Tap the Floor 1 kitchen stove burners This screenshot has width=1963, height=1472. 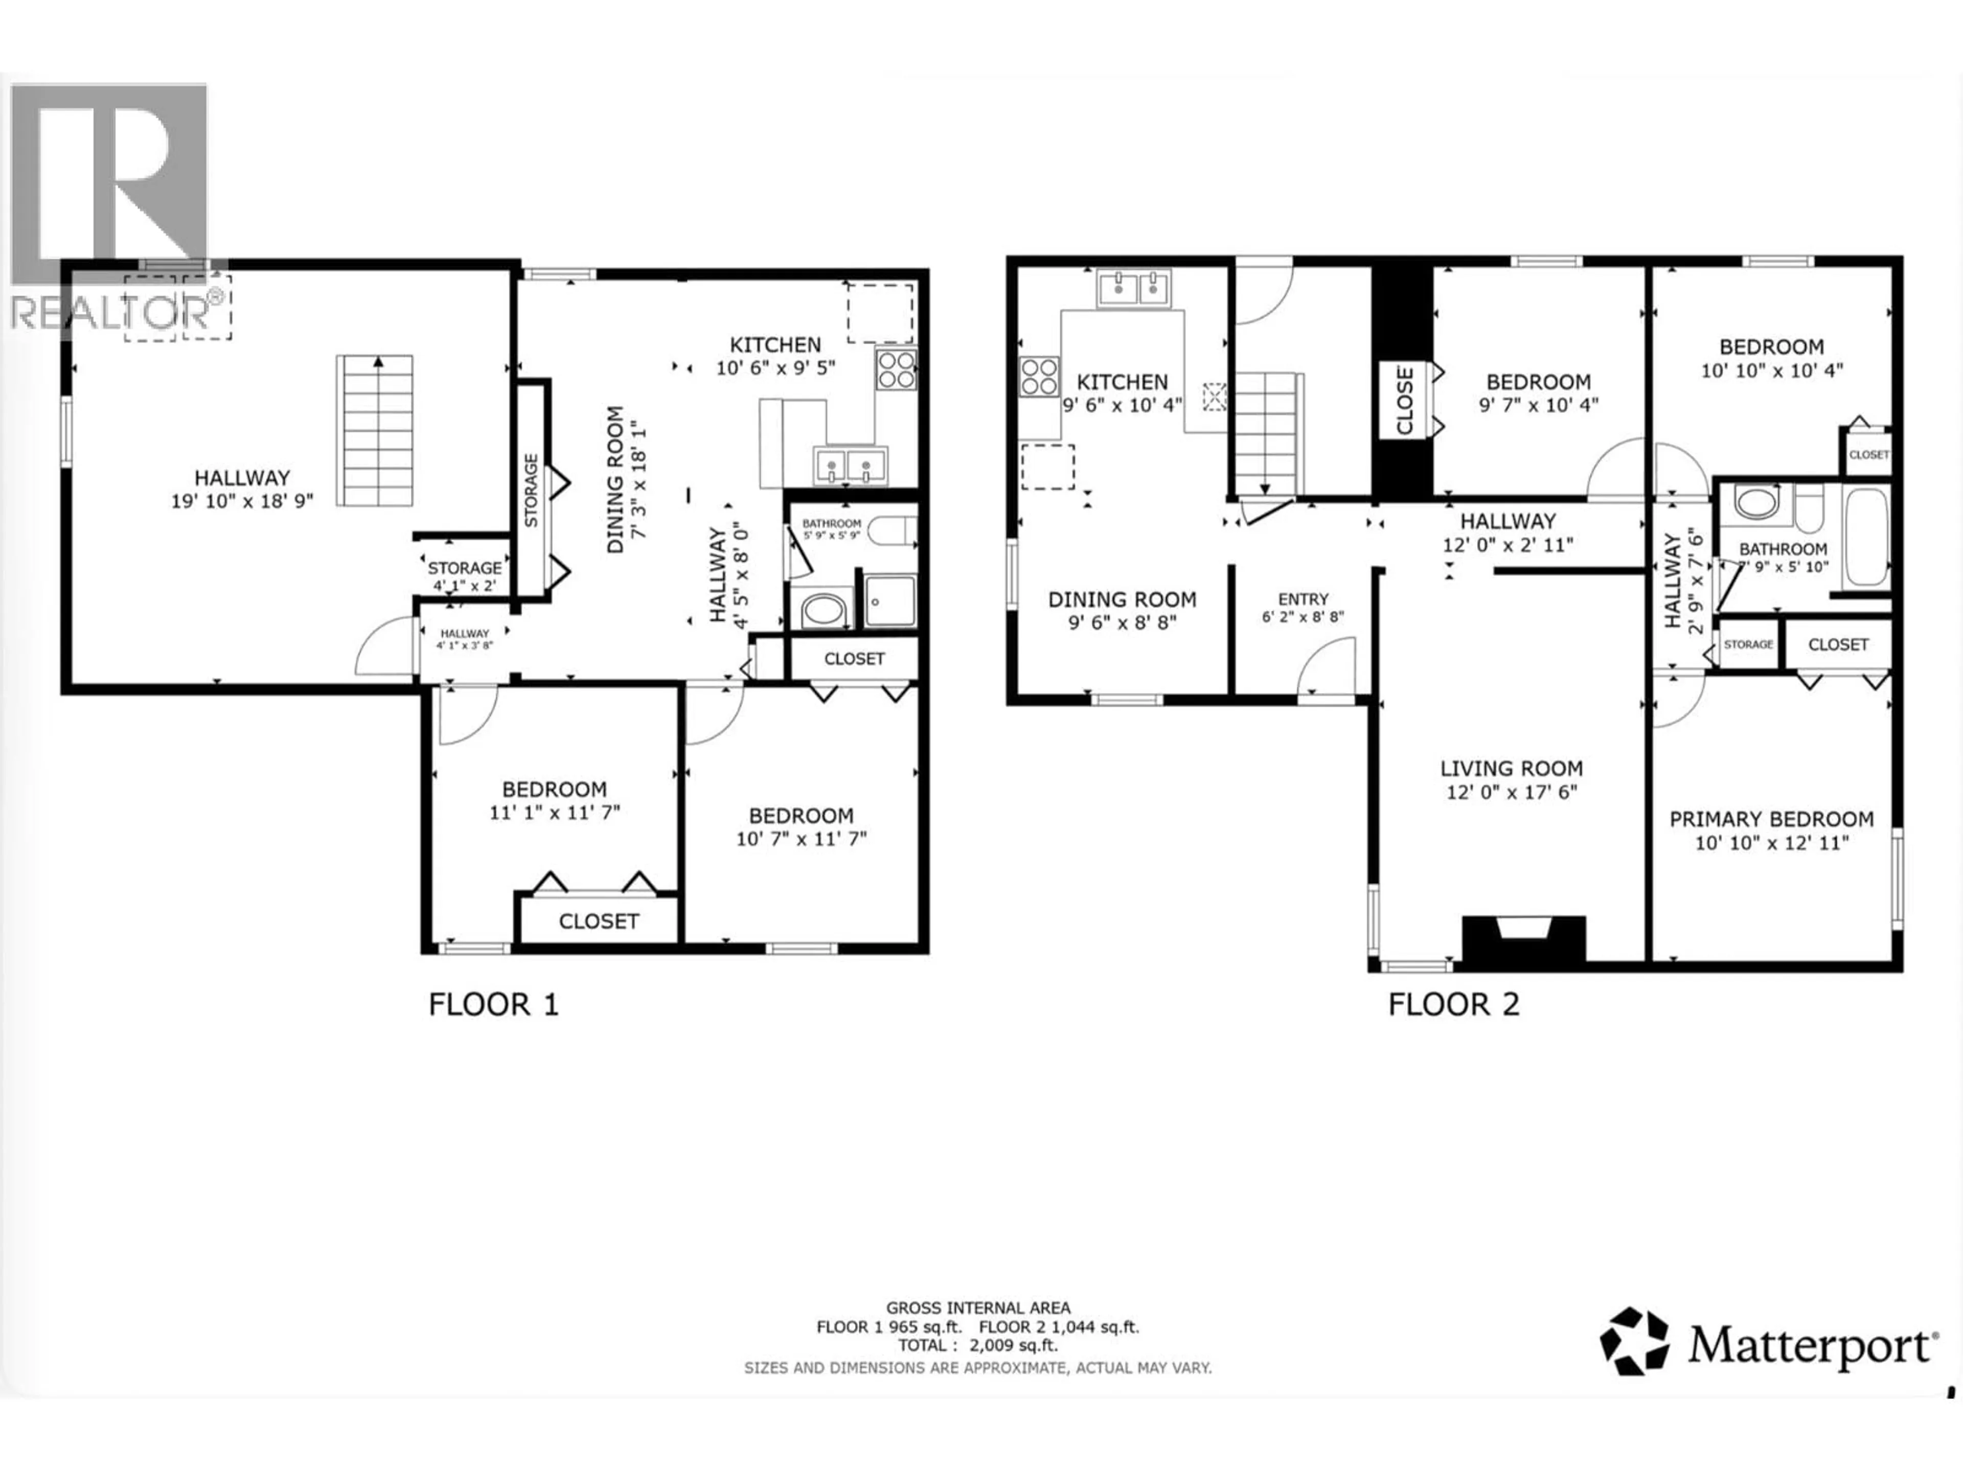point(896,369)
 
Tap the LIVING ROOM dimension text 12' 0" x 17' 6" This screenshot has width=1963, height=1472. point(1511,791)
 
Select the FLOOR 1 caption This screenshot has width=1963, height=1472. point(493,1004)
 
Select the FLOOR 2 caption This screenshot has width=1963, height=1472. point(1454,1004)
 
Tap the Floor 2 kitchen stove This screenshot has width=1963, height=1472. point(1038,376)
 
